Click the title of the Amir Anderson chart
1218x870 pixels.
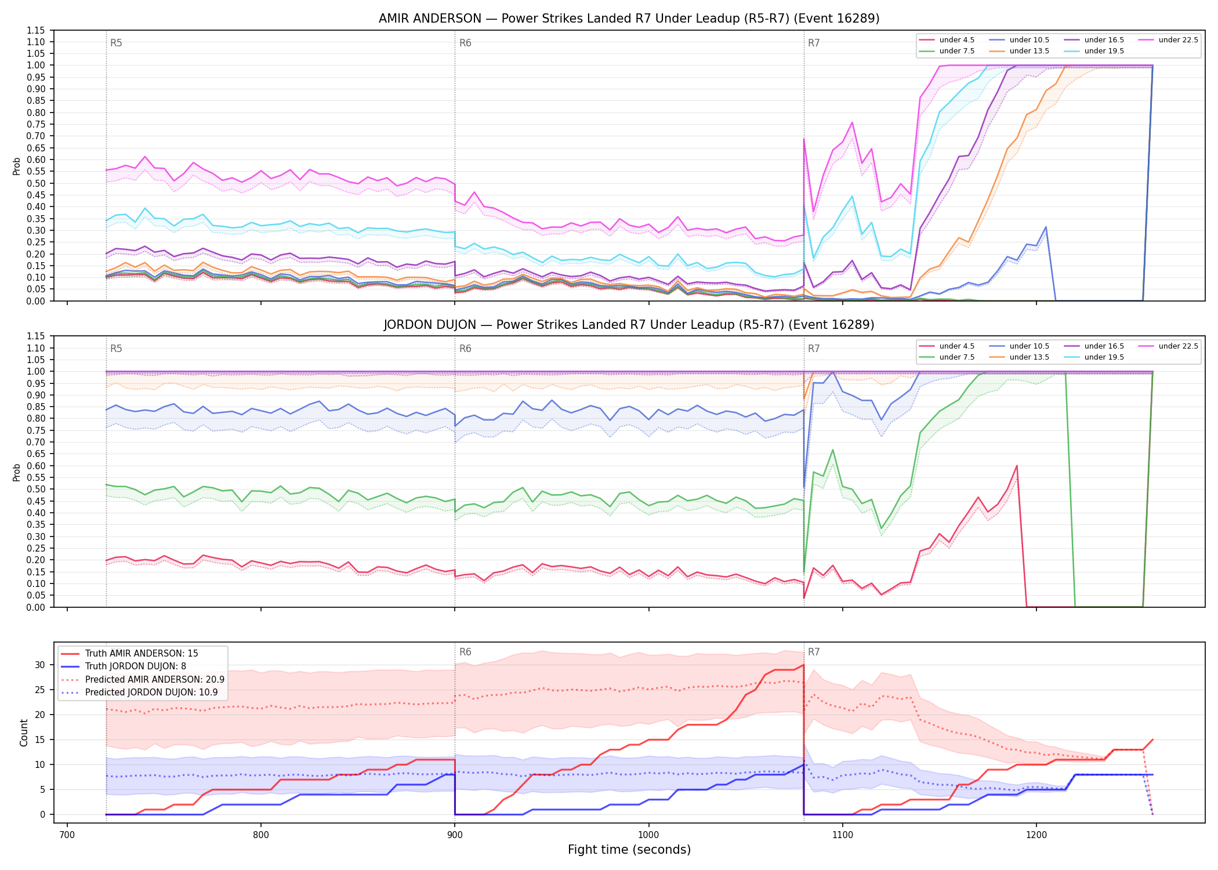click(629, 19)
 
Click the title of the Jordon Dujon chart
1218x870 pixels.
click(629, 325)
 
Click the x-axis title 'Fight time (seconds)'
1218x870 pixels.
click(629, 850)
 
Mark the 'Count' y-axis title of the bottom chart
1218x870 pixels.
click(24, 733)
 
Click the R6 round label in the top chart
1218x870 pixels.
click(465, 43)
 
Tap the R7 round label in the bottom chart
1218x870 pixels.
click(814, 652)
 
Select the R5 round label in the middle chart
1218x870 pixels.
click(116, 349)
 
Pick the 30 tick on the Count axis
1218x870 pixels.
click(40, 665)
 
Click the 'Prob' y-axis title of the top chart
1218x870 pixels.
click(16, 166)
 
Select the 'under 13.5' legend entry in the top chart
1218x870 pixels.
click(1029, 51)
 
